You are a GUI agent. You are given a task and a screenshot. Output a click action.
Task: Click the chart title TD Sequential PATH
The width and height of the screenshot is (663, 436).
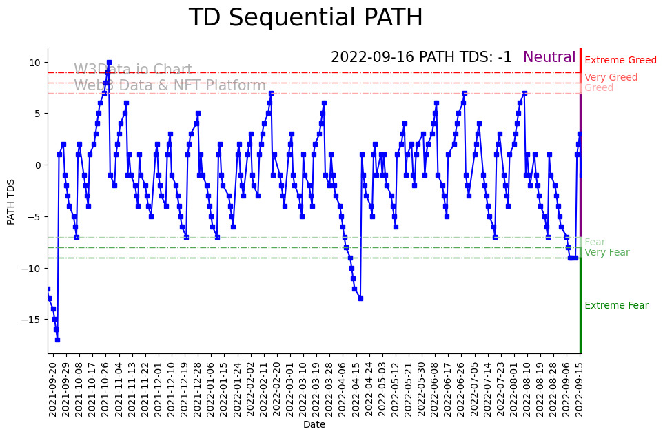pyautogui.click(x=305, y=18)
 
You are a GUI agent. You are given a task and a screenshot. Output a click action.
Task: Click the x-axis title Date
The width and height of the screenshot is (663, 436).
pyautogui.click(x=314, y=425)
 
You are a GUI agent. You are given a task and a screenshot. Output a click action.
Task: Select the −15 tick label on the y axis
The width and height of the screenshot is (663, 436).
pyautogui.click(x=32, y=320)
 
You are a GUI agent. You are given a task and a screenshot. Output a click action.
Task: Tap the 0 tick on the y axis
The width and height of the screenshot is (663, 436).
pyautogui.click(x=38, y=165)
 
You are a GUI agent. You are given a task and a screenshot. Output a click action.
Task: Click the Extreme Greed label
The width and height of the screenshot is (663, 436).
pyautogui.click(x=620, y=61)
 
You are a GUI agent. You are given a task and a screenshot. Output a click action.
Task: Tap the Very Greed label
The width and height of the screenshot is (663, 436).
pyautogui.click(x=611, y=78)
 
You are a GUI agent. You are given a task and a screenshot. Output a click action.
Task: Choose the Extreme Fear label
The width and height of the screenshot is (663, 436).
pyautogui.click(x=616, y=306)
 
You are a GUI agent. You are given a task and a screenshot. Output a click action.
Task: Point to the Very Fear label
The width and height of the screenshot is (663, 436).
pyautogui.click(x=606, y=253)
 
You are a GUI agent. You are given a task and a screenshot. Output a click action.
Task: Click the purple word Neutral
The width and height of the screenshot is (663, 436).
pyautogui.click(x=549, y=58)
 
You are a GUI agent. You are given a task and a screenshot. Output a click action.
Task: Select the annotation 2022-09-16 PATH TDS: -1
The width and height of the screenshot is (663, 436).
pyautogui.click(x=421, y=58)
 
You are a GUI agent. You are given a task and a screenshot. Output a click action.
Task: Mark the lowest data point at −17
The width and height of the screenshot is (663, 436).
pyautogui.click(x=57, y=340)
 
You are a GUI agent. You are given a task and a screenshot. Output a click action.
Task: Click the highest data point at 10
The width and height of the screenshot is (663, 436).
pyautogui.click(x=109, y=63)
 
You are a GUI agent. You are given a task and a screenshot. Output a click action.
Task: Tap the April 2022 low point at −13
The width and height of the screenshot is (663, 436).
pyautogui.click(x=360, y=298)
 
